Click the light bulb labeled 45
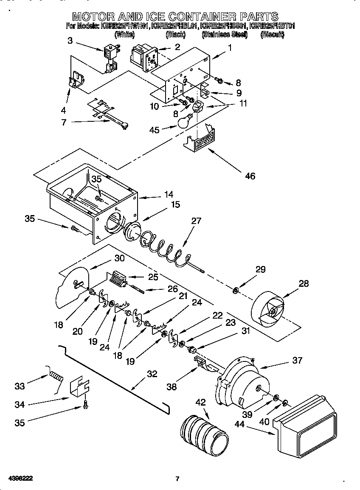point(183,122)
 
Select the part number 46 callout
point(250,175)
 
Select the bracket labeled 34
point(78,388)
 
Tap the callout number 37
point(297,360)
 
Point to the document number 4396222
point(20,479)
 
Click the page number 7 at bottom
point(177,479)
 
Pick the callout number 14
point(169,194)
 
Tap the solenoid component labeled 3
point(110,57)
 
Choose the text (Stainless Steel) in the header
point(225,35)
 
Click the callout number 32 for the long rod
point(152,374)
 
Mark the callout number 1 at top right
point(230,48)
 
